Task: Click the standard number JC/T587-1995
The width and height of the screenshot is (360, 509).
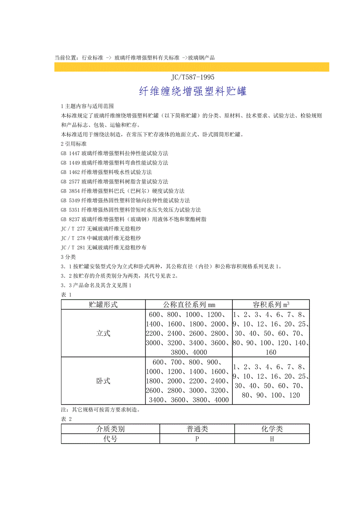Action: click(193, 77)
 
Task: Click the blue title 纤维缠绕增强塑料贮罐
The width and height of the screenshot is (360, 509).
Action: click(193, 91)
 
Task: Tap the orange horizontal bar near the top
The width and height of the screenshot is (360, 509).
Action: click(192, 67)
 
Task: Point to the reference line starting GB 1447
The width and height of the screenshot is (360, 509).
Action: click(114, 153)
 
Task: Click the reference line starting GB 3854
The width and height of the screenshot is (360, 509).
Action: click(122, 191)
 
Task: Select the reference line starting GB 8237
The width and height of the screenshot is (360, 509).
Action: click(133, 219)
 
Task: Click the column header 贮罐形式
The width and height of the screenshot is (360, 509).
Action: click(103, 305)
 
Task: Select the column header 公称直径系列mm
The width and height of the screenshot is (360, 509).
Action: click(189, 305)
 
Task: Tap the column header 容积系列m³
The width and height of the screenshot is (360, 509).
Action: click(271, 305)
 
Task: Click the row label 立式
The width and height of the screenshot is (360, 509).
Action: click(103, 333)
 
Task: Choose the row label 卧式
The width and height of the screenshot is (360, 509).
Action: click(103, 381)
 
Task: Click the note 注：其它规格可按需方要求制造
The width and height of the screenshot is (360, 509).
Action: click(106, 410)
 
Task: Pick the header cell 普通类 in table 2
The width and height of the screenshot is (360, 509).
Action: click(197, 429)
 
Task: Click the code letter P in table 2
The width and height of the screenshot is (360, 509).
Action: click(197, 439)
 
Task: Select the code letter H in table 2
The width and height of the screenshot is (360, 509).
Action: click(272, 439)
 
